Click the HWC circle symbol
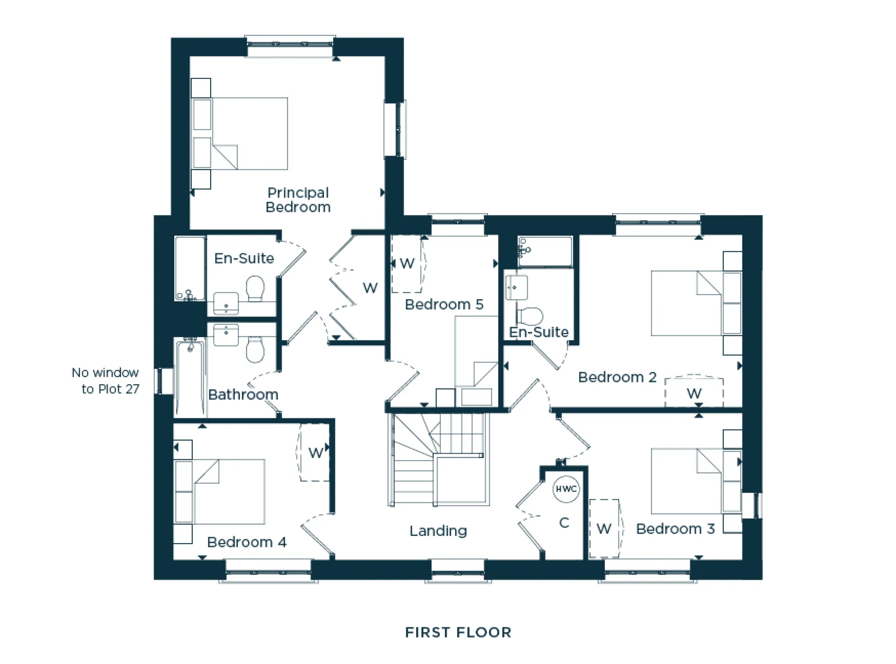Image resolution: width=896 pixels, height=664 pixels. (x=566, y=488)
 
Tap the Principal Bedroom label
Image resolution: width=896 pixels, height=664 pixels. (x=298, y=200)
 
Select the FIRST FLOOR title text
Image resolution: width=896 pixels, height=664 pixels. (x=458, y=632)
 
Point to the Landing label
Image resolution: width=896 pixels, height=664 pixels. (x=438, y=531)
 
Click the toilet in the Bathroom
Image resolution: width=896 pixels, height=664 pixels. (x=255, y=350)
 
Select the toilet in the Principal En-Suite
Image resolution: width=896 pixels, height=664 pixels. (x=255, y=288)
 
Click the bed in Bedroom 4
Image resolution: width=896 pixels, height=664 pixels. (x=228, y=491)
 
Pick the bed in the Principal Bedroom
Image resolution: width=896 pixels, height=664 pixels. (x=249, y=133)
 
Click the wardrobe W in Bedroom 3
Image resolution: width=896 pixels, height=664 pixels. (x=604, y=529)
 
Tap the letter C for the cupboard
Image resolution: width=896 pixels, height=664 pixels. (x=564, y=523)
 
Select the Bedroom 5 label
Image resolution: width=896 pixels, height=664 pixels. (x=444, y=304)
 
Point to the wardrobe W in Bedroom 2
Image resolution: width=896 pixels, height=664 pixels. (x=694, y=394)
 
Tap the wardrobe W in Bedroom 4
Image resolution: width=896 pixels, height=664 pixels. (x=315, y=453)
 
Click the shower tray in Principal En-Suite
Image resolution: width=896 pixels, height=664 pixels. (x=190, y=268)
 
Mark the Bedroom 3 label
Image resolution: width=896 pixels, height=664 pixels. (x=675, y=529)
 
